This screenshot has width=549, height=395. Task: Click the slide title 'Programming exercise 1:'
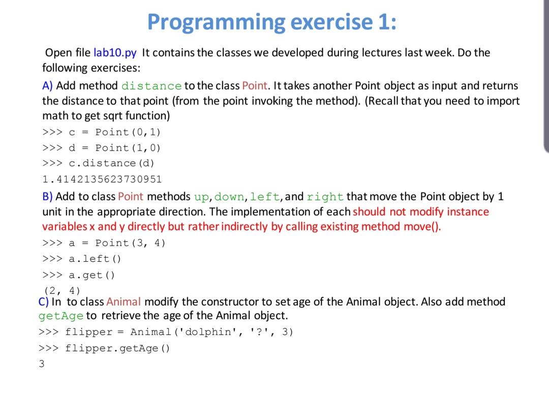pyautogui.click(x=271, y=22)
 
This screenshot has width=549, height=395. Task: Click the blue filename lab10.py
pyautogui.click(x=115, y=53)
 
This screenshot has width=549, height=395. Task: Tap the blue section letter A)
pyautogui.click(x=47, y=86)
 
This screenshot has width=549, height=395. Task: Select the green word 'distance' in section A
pyautogui.click(x=151, y=86)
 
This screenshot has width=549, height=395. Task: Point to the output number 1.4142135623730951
pyautogui.click(x=102, y=179)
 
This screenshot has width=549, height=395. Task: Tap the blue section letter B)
pyautogui.click(x=47, y=196)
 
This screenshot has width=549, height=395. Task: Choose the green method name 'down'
pyautogui.click(x=229, y=197)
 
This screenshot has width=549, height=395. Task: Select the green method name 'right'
pyautogui.click(x=325, y=197)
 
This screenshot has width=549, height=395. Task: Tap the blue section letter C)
pyautogui.click(x=43, y=301)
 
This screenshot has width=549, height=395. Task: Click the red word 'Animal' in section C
pyautogui.click(x=123, y=301)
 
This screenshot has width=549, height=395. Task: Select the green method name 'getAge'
pyautogui.click(x=61, y=316)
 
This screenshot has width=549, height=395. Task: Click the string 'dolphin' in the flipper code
pyautogui.click(x=208, y=331)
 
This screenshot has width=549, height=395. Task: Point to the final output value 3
pyautogui.click(x=42, y=364)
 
